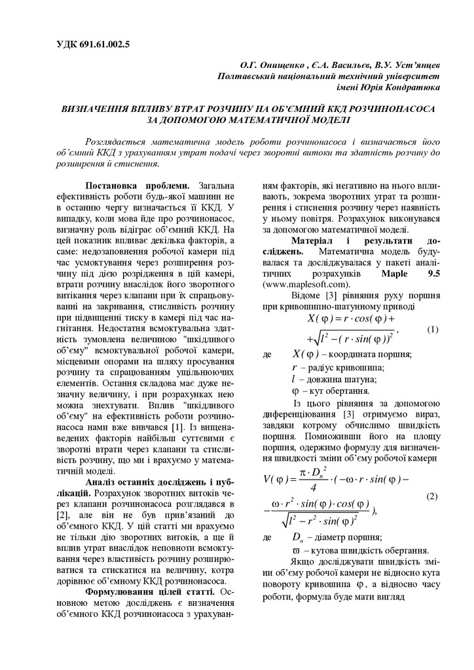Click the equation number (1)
[432, 328]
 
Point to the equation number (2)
[432, 496]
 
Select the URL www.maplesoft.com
[305, 285]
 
